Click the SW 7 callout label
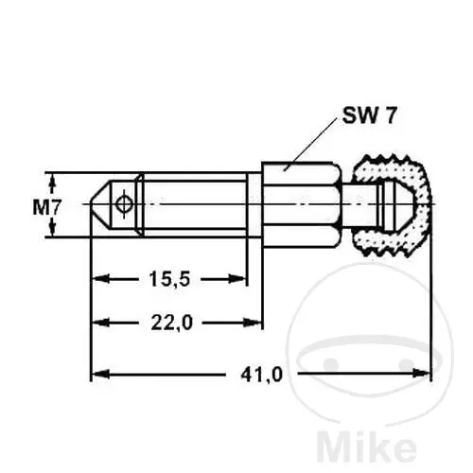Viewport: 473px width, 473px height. coord(369,115)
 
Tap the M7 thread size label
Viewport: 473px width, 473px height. coord(46,208)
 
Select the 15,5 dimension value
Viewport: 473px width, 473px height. coord(169,279)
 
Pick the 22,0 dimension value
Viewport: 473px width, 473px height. coord(171,323)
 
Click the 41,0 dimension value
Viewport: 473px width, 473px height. coord(262,375)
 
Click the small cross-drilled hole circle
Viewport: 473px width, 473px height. coord(123,203)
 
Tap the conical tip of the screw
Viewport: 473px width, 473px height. coord(100,204)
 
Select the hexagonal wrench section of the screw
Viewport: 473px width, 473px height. coord(301,204)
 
